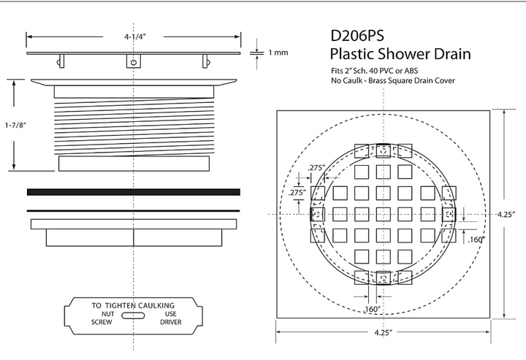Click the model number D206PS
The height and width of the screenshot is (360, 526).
(357, 36)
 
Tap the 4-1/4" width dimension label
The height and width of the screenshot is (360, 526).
(136, 37)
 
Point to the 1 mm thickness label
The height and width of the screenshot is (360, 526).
(278, 53)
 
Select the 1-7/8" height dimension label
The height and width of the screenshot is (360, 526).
(16, 126)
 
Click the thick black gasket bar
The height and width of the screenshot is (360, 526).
(134, 192)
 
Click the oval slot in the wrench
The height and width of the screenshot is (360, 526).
(133, 315)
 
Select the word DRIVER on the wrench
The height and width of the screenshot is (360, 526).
(171, 322)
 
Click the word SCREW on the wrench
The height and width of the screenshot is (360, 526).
(102, 322)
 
